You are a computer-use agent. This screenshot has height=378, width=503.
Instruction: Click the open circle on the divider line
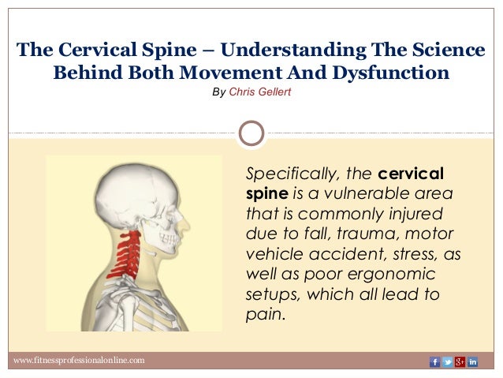[251, 132]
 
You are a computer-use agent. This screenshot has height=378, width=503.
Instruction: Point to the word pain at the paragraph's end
[264, 314]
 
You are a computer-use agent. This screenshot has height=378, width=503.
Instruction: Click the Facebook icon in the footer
[434, 361]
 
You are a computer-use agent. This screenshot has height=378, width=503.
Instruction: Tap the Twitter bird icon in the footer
[447, 361]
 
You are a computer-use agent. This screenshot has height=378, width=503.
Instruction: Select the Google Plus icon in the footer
[460, 361]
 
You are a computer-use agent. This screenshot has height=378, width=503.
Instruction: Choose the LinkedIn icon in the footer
[472, 361]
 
